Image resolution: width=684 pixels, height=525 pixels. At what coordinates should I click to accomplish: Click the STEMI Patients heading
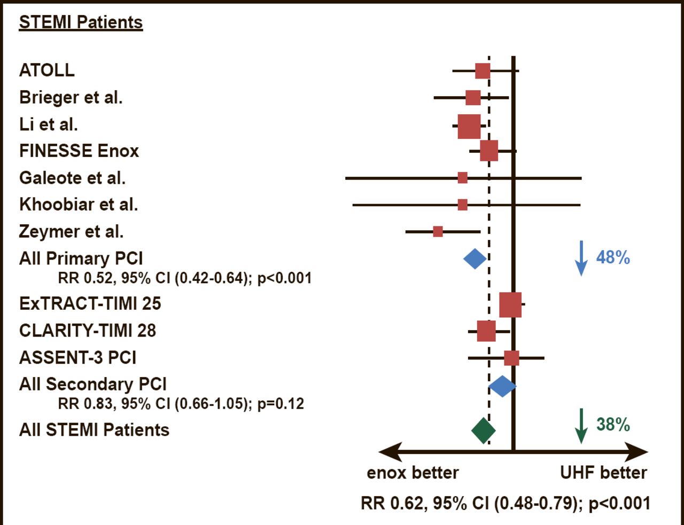point(81,22)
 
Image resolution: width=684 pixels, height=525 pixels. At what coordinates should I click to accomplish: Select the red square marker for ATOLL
point(483,70)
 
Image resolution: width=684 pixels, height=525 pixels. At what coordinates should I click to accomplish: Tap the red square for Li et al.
point(469,127)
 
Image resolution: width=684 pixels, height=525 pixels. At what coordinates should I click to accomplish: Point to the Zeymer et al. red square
point(438,231)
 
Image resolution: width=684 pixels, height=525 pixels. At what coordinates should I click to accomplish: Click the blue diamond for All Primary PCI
point(475,259)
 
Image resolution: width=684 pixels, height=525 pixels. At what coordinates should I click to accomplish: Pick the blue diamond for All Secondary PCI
point(502,386)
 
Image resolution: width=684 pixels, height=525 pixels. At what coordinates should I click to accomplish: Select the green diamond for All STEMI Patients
point(484,430)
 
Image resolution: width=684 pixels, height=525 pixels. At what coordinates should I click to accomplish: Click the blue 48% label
point(613,257)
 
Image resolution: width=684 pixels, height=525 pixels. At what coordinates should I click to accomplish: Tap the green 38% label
point(613,425)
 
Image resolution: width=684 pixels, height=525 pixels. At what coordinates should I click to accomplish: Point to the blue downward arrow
point(581,258)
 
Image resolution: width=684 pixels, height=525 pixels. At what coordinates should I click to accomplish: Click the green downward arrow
point(581,426)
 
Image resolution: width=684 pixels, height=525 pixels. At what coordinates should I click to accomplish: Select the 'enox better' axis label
point(413,473)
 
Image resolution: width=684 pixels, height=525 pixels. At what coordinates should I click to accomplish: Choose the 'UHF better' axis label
point(603,473)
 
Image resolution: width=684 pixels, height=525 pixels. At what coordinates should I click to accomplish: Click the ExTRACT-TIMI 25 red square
point(510,304)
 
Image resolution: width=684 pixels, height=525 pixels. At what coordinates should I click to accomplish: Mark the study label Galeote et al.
point(73,178)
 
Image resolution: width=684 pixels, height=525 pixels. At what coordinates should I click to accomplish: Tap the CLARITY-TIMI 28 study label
point(88,331)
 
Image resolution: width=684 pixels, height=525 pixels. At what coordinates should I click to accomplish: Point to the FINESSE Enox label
point(79,151)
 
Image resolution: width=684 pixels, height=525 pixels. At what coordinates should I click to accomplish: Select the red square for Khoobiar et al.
point(463,205)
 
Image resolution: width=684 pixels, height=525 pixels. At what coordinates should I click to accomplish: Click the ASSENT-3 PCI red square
point(511,358)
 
